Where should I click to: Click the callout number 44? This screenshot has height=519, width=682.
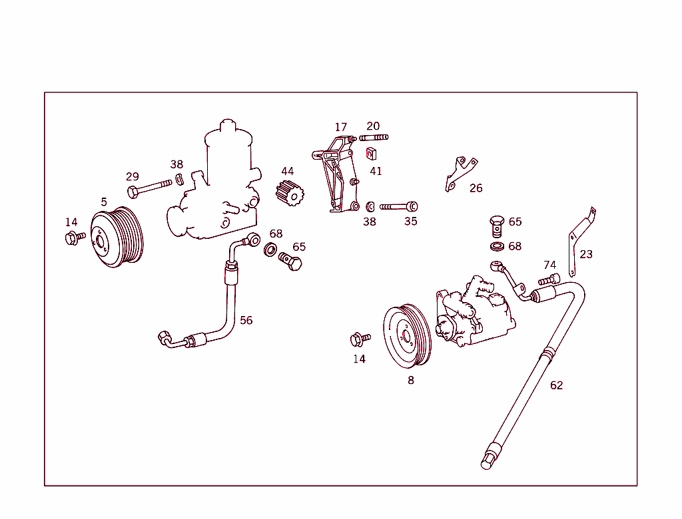(287, 172)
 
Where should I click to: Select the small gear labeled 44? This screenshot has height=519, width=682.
(290, 194)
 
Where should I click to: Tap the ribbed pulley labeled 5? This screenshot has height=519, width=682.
(117, 238)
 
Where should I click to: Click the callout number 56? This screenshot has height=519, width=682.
(246, 320)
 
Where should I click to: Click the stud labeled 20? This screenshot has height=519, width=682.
(374, 138)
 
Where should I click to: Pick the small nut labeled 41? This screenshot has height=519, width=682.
(372, 154)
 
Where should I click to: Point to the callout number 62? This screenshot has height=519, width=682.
(556, 385)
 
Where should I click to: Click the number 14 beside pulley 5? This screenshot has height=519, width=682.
(71, 222)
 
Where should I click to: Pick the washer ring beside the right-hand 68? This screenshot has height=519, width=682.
(497, 247)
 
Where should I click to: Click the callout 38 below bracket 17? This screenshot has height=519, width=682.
(369, 222)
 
